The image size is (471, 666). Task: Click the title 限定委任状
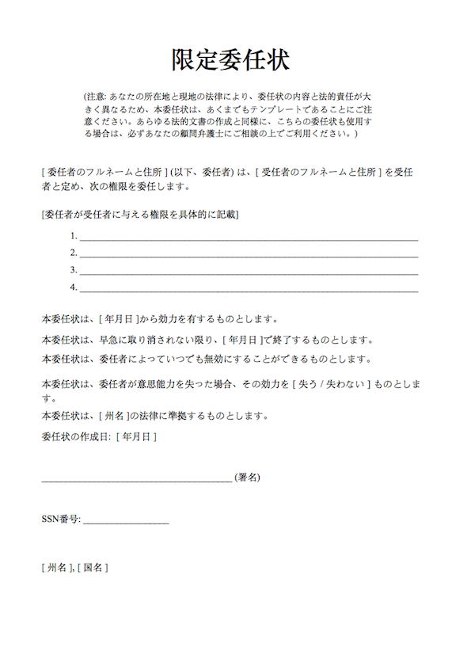(230, 59)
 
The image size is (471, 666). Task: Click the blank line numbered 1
(248, 237)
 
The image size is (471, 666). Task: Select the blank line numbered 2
(248, 254)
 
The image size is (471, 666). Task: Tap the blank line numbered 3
(248, 272)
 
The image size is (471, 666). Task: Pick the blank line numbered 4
(248, 289)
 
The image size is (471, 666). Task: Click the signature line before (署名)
(136, 479)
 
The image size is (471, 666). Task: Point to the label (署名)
(248, 478)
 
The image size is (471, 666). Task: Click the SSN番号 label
(61, 520)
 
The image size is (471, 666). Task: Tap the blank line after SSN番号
(125, 522)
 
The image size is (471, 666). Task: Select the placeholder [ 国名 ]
(93, 568)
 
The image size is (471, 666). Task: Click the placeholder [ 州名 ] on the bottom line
(57, 568)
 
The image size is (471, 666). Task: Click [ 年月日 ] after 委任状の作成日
(136, 436)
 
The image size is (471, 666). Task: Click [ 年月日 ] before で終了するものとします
(241, 341)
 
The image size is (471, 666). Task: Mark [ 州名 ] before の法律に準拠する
(112, 416)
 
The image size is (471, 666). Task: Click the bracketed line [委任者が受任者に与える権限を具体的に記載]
(140, 215)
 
